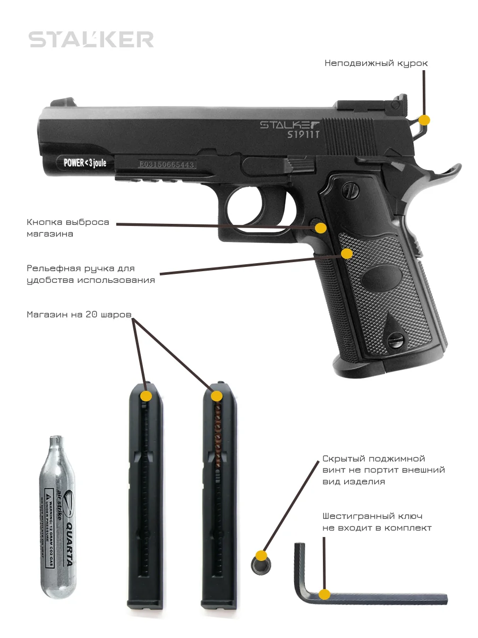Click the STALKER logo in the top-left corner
(91, 40)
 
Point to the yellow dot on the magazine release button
(320, 228)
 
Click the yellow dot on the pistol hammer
(424, 120)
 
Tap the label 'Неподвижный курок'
(376, 63)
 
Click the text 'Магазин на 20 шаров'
(79, 314)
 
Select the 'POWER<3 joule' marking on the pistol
(85, 163)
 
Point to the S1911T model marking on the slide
(303, 135)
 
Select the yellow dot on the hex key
(325, 594)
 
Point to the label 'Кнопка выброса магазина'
(68, 228)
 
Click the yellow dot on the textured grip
(347, 254)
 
